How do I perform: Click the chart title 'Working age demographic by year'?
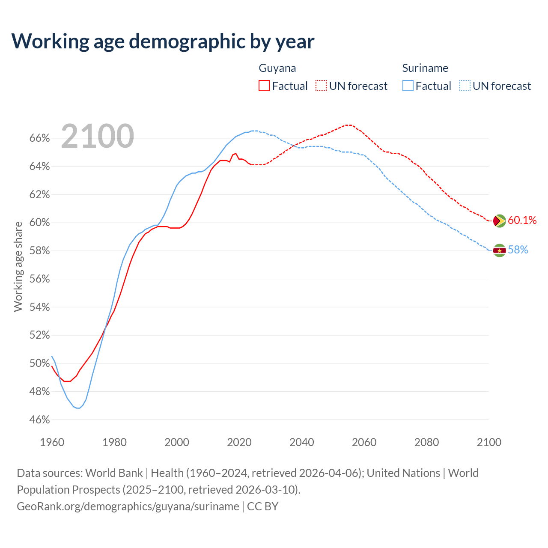click(163, 41)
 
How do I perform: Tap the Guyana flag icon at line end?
click(499, 221)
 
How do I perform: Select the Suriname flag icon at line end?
click(499, 250)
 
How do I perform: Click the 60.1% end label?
click(522, 220)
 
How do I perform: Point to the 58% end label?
click(518, 250)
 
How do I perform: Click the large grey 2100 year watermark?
click(98, 136)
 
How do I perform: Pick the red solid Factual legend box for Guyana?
click(264, 86)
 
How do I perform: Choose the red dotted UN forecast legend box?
click(321, 86)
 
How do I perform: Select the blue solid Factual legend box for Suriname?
click(408, 86)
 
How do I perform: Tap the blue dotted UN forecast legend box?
click(465, 86)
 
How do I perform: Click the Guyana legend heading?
click(277, 68)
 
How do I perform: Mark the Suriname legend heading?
click(425, 68)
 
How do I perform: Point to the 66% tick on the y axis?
click(39, 138)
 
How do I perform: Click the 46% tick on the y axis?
click(39, 420)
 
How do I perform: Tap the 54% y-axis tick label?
click(39, 307)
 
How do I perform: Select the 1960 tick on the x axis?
click(52, 442)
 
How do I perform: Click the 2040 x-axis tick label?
click(301, 442)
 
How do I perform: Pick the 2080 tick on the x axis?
click(426, 442)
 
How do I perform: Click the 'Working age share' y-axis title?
click(18, 266)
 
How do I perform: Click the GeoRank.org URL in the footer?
click(128, 506)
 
